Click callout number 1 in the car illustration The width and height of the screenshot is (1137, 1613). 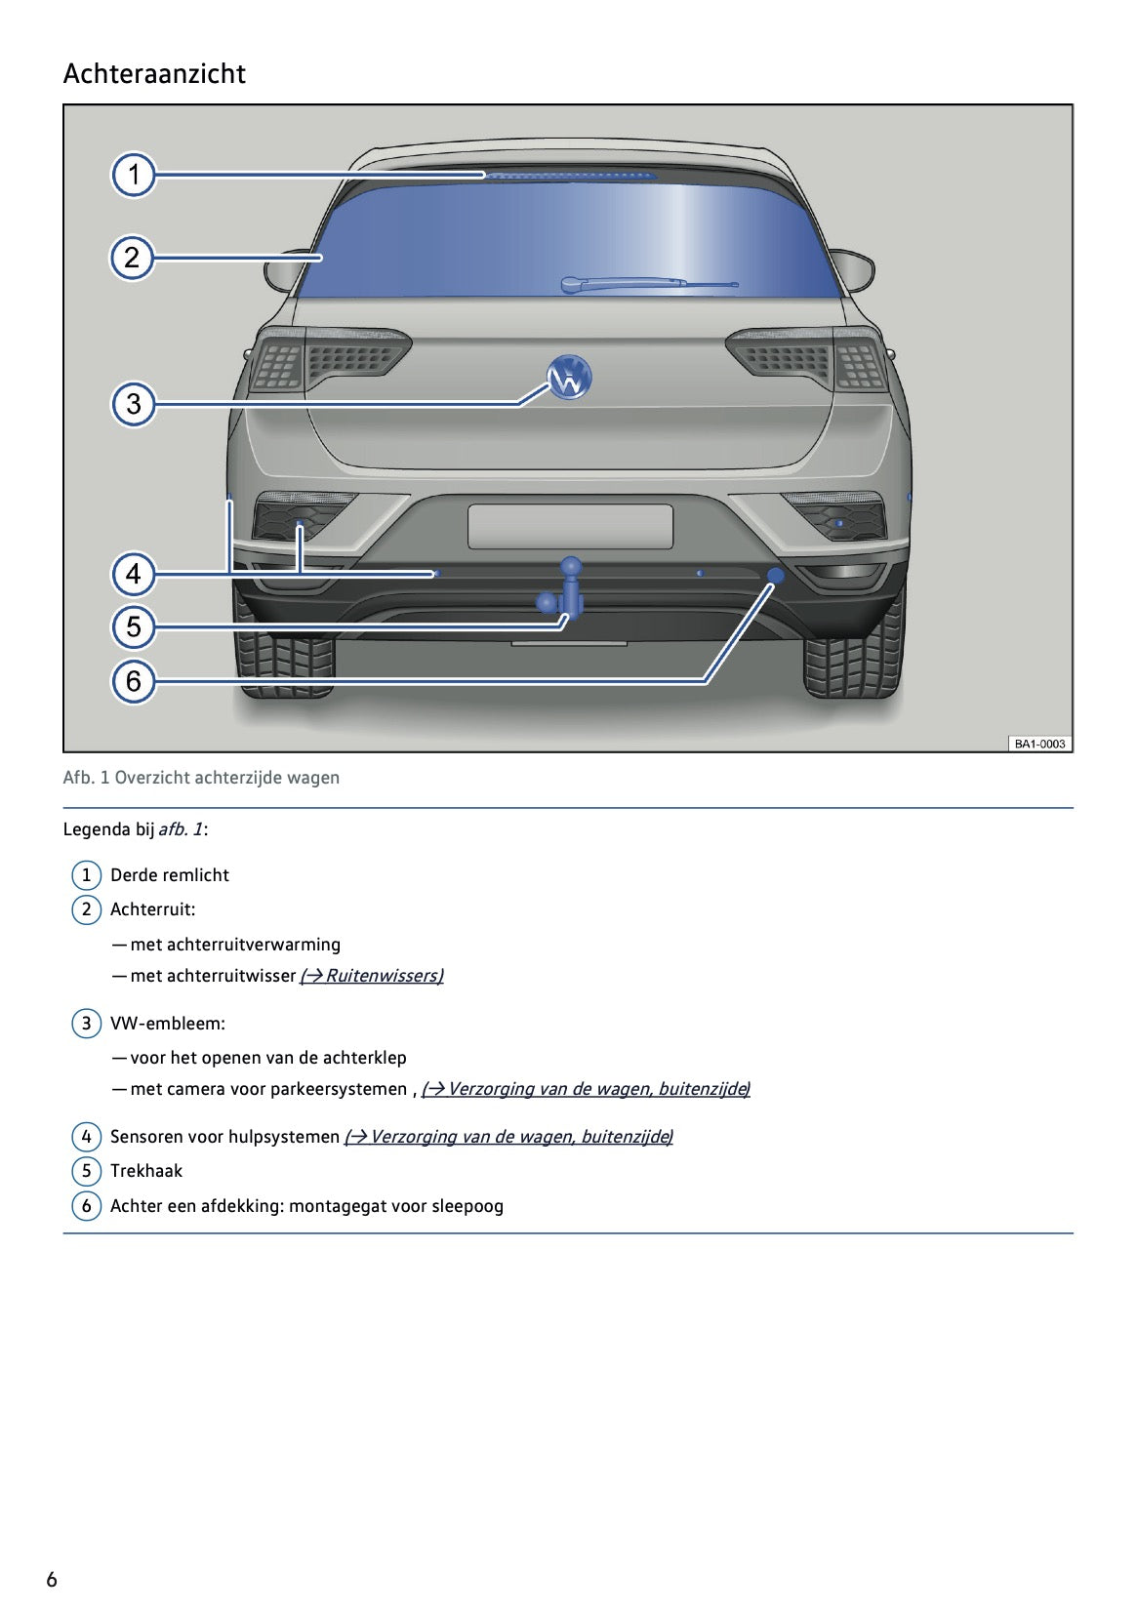[134, 176]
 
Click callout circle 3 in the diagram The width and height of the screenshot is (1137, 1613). [134, 403]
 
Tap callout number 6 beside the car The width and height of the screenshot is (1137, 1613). [134, 680]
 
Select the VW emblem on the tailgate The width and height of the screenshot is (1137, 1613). [569, 378]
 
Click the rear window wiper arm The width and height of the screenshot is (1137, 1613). [648, 284]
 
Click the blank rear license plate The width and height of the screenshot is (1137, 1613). [570, 526]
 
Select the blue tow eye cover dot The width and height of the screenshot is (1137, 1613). [776, 576]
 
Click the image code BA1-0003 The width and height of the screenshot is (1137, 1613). [1039, 744]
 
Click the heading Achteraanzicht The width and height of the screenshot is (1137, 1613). [154, 74]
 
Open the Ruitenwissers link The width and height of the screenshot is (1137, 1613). [372, 976]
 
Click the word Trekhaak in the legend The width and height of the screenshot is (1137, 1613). [146, 1171]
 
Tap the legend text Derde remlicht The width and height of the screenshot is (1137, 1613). [170, 875]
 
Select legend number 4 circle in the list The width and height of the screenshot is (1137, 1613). [86, 1137]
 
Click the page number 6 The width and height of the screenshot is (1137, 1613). [52, 1580]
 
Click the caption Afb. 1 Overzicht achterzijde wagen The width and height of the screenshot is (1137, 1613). [201, 778]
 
